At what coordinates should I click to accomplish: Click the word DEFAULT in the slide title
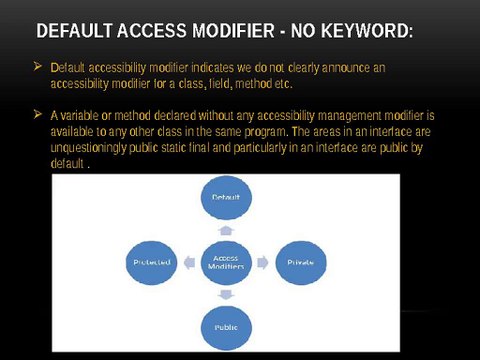click(73, 32)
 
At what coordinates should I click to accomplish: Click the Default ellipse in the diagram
click(226, 198)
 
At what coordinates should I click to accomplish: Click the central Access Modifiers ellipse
click(226, 261)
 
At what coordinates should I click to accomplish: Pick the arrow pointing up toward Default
click(226, 228)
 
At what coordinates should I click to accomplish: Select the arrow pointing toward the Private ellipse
click(262, 261)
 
